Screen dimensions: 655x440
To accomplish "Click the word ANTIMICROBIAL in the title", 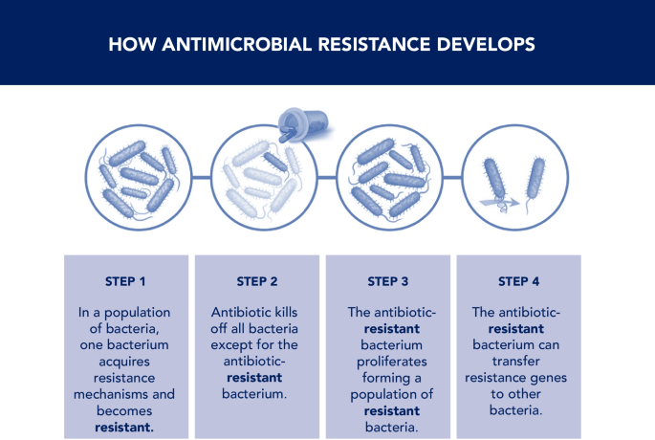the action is pyautogui.click(x=237, y=44).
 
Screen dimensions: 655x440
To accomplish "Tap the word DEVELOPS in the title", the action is pyautogui.click(x=486, y=44).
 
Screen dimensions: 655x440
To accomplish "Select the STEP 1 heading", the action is pyautogui.click(x=125, y=281).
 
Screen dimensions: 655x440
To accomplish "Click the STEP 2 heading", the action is pyautogui.click(x=257, y=281).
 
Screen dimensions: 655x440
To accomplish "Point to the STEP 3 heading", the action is pyautogui.click(x=387, y=281).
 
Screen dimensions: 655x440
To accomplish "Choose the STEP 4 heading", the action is pyautogui.click(x=518, y=281).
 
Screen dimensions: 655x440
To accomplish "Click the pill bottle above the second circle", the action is pyautogui.click(x=303, y=124).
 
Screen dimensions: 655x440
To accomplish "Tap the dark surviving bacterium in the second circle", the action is pyautogui.click(x=275, y=162).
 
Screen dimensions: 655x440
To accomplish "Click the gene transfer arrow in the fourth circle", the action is pyautogui.click(x=499, y=203).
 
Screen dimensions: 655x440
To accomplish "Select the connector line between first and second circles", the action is pyautogui.click(x=202, y=178).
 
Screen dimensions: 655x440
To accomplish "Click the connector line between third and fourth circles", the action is pyautogui.click(x=452, y=178).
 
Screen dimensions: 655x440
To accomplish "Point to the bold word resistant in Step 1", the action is pyautogui.click(x=124, y=428).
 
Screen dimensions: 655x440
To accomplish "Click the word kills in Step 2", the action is pyautogui.click(x=286, y=312).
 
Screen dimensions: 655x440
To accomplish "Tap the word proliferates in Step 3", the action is pyautogui.click(x=392, y=362).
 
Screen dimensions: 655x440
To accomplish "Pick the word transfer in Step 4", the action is pyautogui.click(x=516, y=361).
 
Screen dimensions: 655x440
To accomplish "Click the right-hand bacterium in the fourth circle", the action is pyautogui.click(x=535, y=180).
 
